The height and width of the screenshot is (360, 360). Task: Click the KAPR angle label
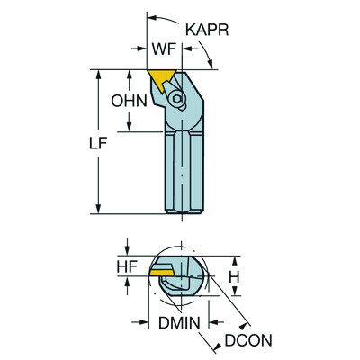pyautogui.click(x=207, y=30)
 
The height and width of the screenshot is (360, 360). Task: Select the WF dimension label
pyautogui.click(x=164, y=49)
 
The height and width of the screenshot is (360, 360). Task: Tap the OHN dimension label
pyautogui.click(x=129, y=101)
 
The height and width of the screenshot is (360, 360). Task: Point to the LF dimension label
pyautogui.click(x=98, y=144)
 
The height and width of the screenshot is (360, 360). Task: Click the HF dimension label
pyautogui.click(x=127, y=266)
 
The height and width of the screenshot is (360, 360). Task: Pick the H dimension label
pyautogui.click(x=234, y=277)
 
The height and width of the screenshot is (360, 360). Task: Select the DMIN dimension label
pyautogui.click(x=179, y=322)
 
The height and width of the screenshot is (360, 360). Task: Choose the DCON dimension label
pyautogui.click(x=248, y=340)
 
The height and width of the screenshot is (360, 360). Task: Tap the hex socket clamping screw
pyautogui.click(x=176, y=99)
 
